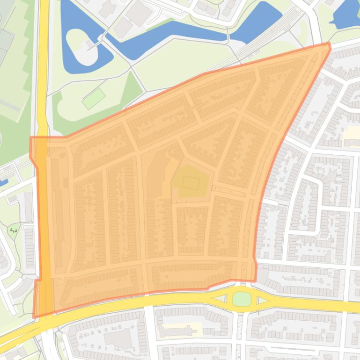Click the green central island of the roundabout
pyautogui.click(x=242, y=298)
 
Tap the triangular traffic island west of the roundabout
pyautogui.click(x=218, y=298)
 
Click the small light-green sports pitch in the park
pyautogui.click(x=94, y=98)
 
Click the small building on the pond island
pyautogui.click(x=88, y=45)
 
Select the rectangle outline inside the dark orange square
pyautogui.click(x=191, y=182)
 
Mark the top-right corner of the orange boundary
pyautogui.click(x=329, y=43)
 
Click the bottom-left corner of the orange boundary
pyautogui.click(x=34, y=317)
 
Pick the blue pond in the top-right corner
pyautogui.click(x=346, y=14)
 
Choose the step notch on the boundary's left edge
pyautogui.click(x=37, y=280)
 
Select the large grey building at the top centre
pyautogui.click(x=138, y=12)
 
